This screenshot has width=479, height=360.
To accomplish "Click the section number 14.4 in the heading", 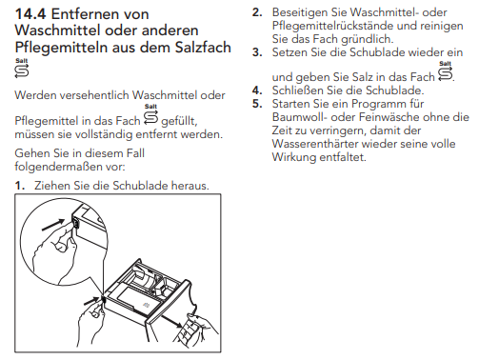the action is click(30, 14).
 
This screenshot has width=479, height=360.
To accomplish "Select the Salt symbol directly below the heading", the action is click(22, 68).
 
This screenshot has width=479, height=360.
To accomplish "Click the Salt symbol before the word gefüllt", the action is click(150, 114).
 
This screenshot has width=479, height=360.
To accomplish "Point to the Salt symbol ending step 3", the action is click(445, 71).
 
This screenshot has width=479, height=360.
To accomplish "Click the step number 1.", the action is click(20, 186).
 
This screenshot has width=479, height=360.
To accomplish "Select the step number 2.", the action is click(257, 12).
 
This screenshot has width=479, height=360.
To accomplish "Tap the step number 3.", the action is click(257, 52).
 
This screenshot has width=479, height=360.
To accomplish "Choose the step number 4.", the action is click(257, 90).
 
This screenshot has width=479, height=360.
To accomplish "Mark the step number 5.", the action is click(257, 104).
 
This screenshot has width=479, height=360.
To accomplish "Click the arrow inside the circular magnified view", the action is click(53, 225).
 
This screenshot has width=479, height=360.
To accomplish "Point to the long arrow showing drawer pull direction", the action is click(171, 321).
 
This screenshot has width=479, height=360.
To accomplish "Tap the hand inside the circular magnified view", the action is click(55, 254).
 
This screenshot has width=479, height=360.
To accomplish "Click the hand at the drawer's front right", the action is click(196, 330).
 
